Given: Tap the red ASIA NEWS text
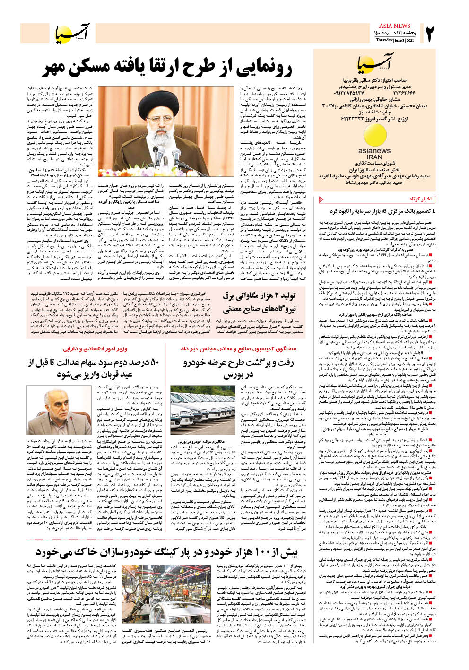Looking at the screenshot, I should coord(394,26).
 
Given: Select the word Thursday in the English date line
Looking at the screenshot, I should coord(384,41).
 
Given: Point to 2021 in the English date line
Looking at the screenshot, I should coord(409,41).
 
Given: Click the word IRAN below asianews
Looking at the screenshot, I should coord(374,157).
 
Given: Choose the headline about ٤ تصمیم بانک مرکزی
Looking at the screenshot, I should coord(382,211).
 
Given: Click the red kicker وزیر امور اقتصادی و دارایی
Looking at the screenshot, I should coord(94,349).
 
